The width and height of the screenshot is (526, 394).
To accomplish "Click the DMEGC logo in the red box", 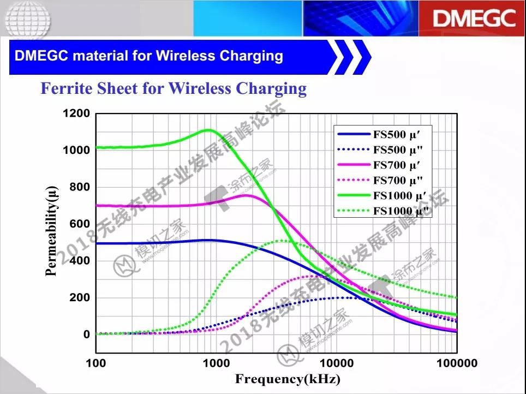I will (x=474, y=19).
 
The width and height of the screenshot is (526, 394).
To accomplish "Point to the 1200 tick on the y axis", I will (x=76, y=114).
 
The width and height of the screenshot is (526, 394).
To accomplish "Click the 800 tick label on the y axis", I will (x=80, y=187).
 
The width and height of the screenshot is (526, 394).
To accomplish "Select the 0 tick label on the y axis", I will (x=87, y=335).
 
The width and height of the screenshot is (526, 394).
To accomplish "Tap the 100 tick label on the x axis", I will (x=96, y=363).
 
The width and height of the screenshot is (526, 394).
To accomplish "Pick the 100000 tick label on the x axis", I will (x=456, y=363).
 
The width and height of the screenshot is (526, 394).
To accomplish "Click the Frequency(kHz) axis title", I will (x=288, y=379).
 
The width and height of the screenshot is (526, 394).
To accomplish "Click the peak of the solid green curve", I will (x=208, y=130).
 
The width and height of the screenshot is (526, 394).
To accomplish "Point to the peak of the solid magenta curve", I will (x=246, y=195).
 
